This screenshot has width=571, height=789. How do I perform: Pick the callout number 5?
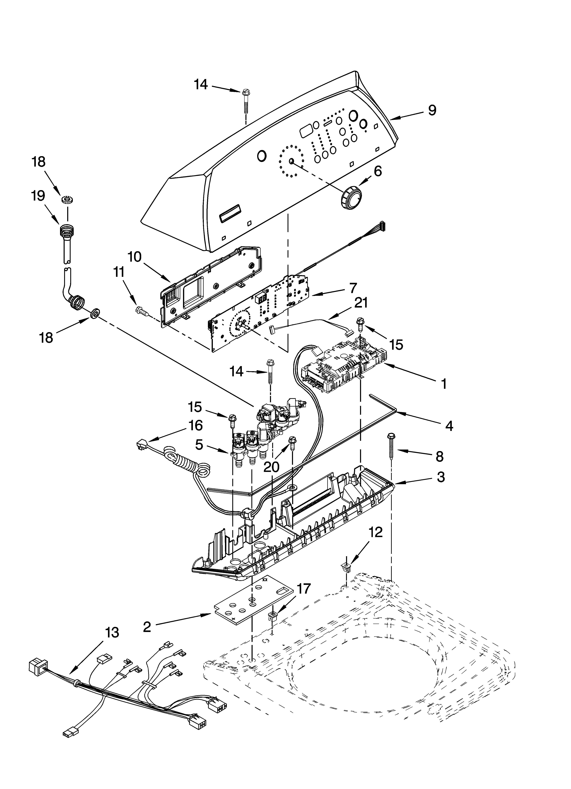coord(199,445)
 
